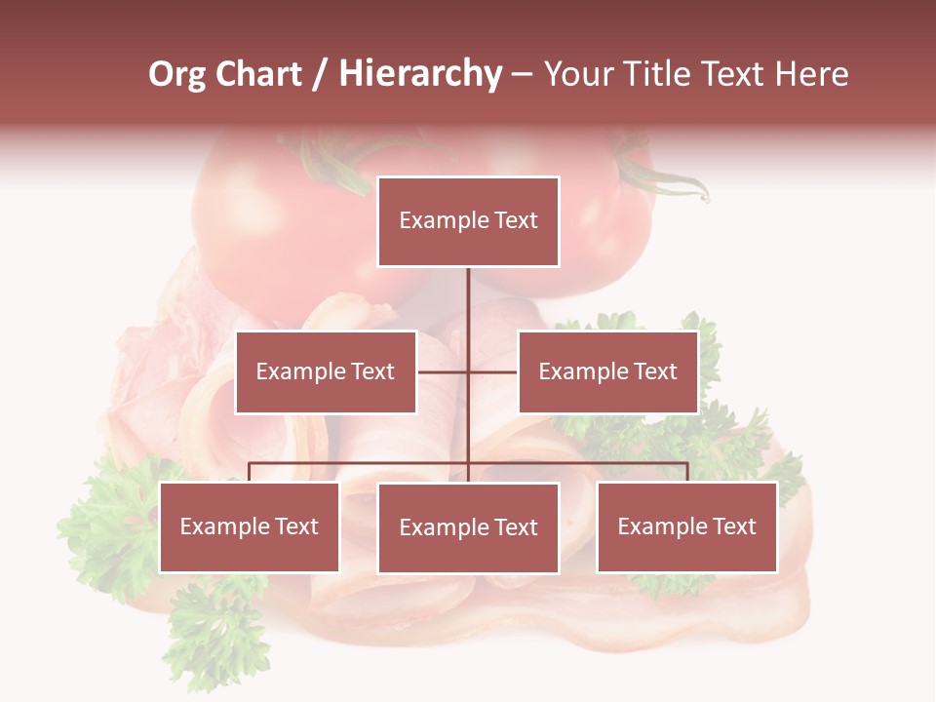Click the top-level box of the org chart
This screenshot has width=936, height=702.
click(468, 221)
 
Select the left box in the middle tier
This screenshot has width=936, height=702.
click(326, 371)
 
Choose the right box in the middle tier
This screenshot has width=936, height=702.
click(608, 371)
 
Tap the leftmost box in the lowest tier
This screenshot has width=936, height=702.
click(250, 526)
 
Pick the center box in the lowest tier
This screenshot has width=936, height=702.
click(468, 527)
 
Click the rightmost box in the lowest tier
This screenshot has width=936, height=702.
click(687, 526)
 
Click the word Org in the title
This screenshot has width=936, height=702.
click(176, 74)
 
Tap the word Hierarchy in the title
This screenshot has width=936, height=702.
click(420, 74)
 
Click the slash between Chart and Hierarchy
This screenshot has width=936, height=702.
click(320, 75)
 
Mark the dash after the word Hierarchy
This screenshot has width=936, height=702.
click(522, 75)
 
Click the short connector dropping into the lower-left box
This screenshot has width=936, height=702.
click(250, 472)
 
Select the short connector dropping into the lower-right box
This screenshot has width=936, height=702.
click(687, 472)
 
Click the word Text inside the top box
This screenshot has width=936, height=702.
click(515, 220)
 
